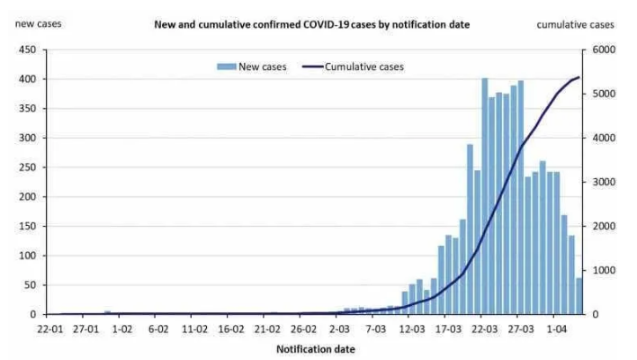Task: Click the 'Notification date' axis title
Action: (311, 347)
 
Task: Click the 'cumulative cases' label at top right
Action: (576, 24)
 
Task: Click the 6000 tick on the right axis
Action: (603, 49)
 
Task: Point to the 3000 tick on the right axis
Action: (603, 182)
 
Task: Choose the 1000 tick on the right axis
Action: (603, 270)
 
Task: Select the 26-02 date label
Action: (303, 329)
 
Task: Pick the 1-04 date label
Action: (560, 329)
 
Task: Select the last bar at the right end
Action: (579, 296)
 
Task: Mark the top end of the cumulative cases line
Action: (579, 77)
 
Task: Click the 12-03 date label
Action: (412, 329)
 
